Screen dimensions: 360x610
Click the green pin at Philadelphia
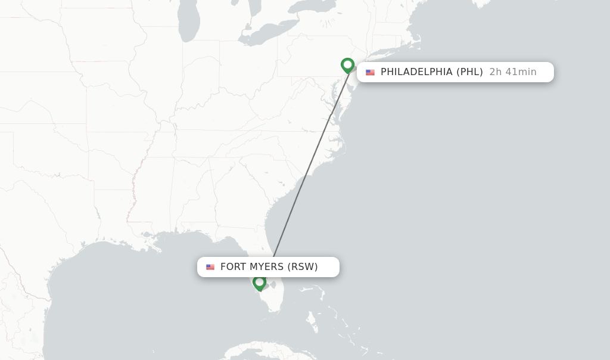[x=347, y=64]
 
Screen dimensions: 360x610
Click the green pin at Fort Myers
[x=259, y=283]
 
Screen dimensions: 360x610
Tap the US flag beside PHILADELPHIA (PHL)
[x=370, y=72]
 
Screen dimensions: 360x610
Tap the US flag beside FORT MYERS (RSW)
[x=210, y=267]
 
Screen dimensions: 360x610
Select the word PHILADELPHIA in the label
[x=416, y=72]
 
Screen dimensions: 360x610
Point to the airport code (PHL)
[x=469, y=72]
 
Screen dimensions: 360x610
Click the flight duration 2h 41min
[x=512, y=72]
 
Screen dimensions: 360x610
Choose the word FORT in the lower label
[x=233, y=267]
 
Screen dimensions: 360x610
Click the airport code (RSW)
[x=303, y=267]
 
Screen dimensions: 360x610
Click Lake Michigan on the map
[x=188, y=24]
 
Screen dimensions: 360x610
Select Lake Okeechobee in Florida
[x=273, y=285]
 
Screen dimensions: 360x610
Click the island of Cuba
[x=256, y=349]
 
